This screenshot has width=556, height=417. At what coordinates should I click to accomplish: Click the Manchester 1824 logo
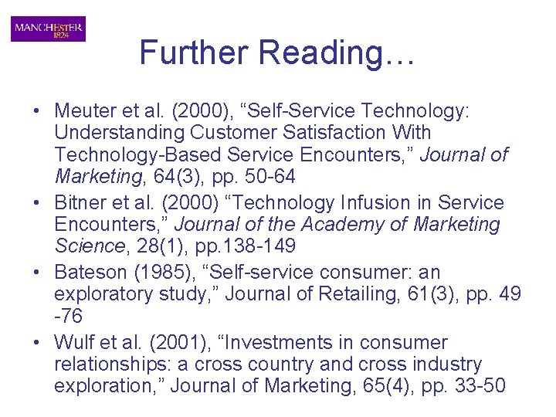48,29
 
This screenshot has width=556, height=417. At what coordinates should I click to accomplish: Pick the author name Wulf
73,342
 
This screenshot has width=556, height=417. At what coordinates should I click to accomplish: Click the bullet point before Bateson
38,273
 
